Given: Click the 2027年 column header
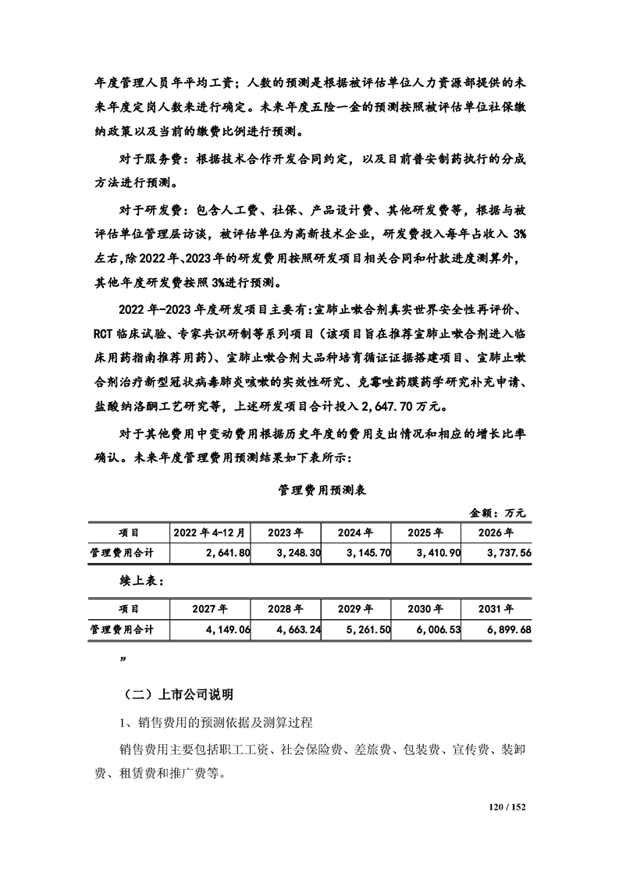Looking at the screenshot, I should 210,608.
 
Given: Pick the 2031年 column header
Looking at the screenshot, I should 496,608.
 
